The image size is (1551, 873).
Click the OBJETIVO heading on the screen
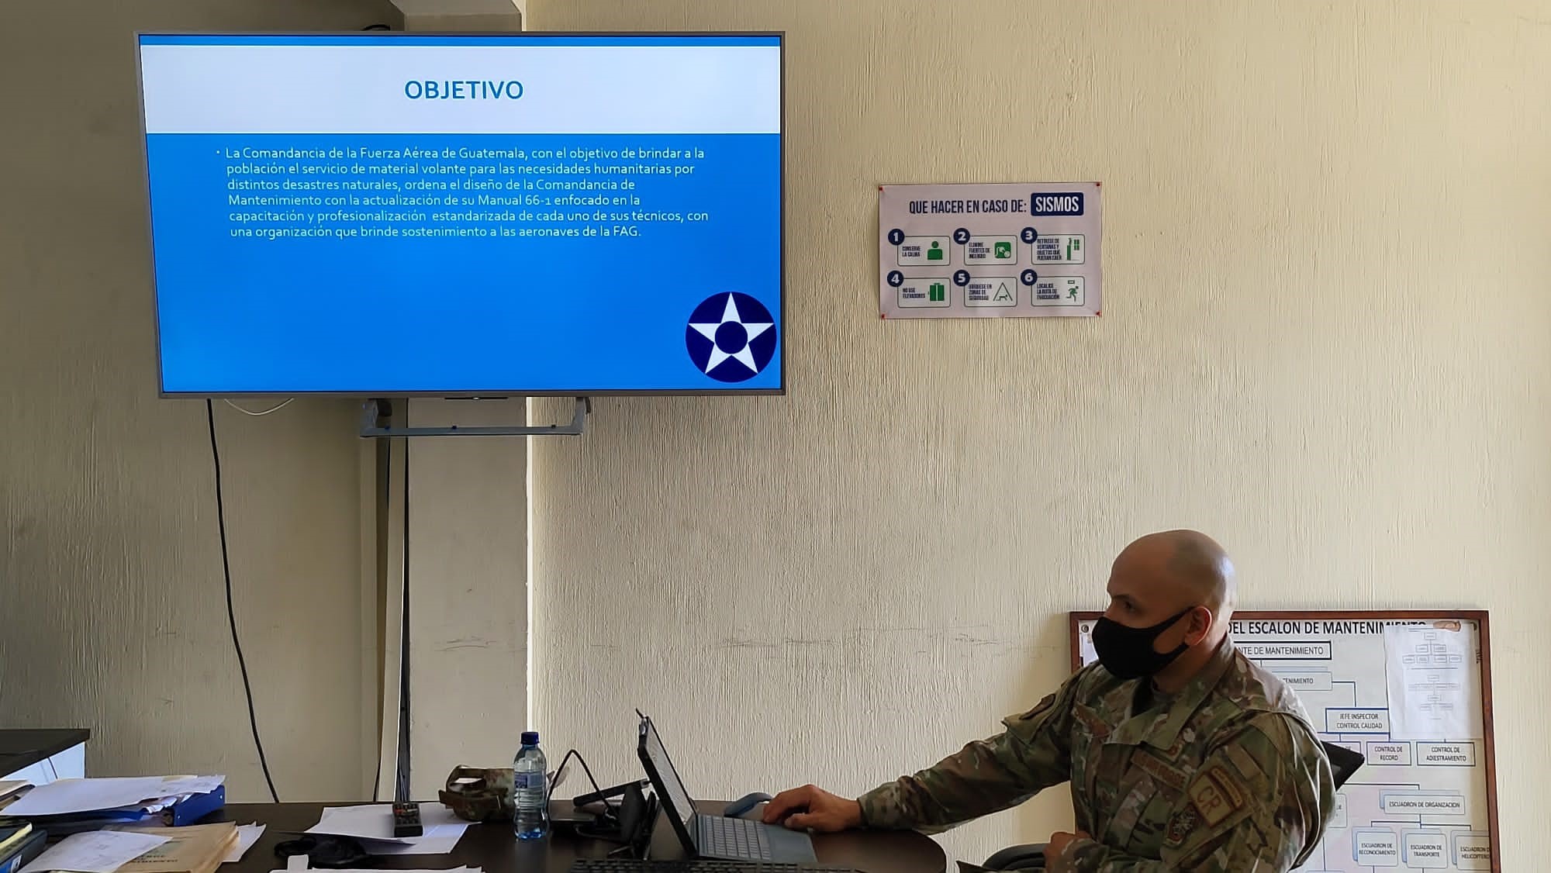point(464,90)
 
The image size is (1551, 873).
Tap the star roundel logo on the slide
point(731,336)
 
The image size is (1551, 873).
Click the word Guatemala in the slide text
point(492,153)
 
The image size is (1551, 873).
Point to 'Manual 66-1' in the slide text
point(511,200)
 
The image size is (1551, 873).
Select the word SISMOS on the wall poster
point(1057,205)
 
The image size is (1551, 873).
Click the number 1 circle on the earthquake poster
point(896,237)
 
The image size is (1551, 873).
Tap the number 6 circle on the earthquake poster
point(1028,277)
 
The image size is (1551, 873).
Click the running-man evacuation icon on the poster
point(1072,292)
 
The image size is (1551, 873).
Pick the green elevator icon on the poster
point(936,292)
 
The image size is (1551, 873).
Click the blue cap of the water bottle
point(530,737)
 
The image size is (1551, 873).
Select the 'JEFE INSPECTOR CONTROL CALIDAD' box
point(1359,721)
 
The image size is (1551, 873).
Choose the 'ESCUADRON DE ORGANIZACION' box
point(1423,805)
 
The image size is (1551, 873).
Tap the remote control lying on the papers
point(406,819)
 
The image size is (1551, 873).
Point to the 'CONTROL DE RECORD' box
point(1388,754)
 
